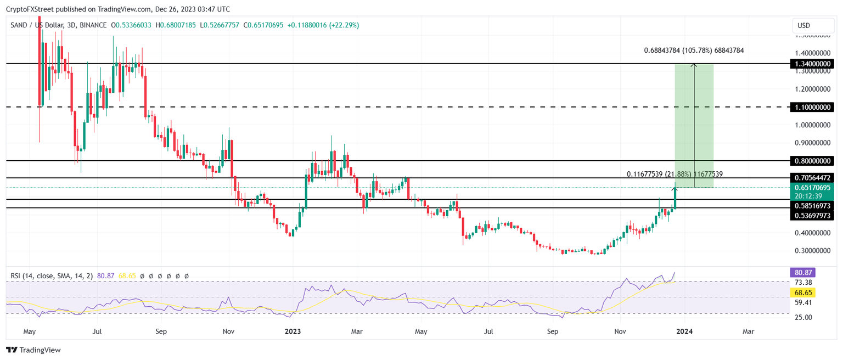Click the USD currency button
[x=812, y=26]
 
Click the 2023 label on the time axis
[x=293, y=331]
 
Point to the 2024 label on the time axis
[x=684, y=331]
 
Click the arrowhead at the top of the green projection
[x=694, y=65]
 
